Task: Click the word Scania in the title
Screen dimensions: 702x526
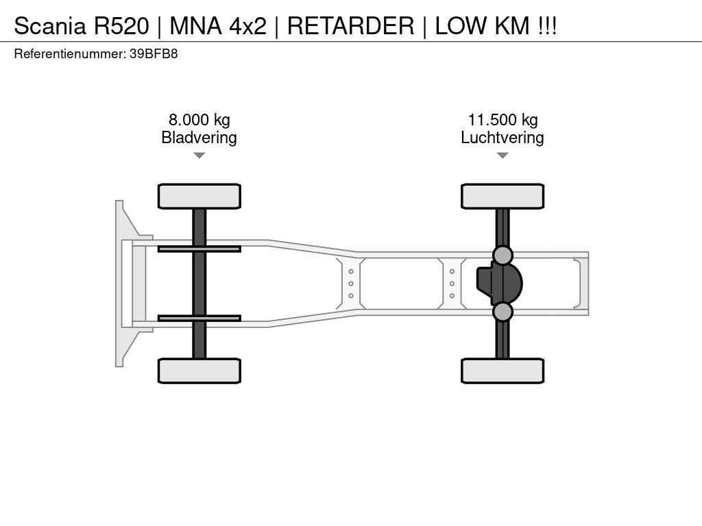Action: click(49, 25)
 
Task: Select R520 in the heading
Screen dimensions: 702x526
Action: click(121, 25)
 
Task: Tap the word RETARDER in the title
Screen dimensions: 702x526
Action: click(350, 25)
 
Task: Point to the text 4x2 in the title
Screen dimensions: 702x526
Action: click(247, 25)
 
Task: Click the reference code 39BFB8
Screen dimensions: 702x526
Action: click(154, 53)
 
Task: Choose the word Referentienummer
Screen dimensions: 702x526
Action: click(70, 53)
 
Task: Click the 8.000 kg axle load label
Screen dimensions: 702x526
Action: click(199, 120)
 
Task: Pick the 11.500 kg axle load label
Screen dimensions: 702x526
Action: click(503, 120)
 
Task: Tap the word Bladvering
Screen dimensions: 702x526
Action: click(199, 137)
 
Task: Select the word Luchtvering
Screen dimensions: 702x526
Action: click(503, 137)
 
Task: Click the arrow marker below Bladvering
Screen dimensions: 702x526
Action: click(199, 155)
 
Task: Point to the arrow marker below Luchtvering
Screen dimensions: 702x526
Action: click(503, 155)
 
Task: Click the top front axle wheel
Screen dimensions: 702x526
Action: click(199, 197)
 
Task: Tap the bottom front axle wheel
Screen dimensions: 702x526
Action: click(199, 371)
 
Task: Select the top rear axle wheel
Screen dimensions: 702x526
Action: click(503, 197)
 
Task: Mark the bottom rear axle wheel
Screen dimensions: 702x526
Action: click(503, 371)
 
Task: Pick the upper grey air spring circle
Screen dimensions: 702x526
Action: click(503, 255)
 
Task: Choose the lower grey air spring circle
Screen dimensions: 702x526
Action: click(503, 312)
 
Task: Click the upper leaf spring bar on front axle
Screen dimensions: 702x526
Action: click(199, 249)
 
